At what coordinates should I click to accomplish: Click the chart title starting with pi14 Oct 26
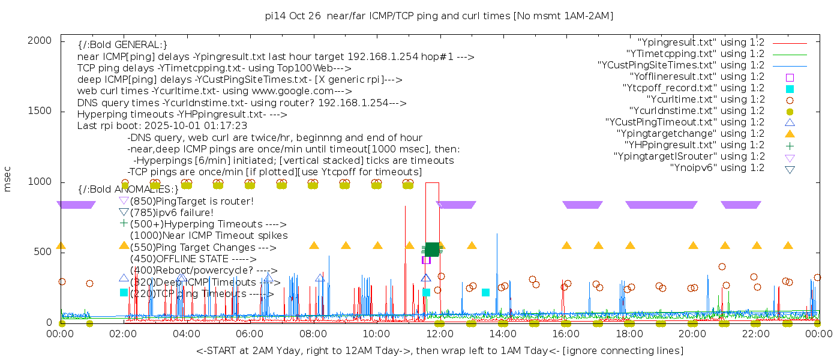[x=439, y=16]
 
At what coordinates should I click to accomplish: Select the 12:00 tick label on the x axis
[x=439, y=334]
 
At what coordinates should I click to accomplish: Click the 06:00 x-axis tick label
[x=250, y=334]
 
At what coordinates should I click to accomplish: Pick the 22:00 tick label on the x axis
[x=755, y=334]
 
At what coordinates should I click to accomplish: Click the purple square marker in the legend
[x=790, y=77]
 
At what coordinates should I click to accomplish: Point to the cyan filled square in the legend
[x=790, y=89]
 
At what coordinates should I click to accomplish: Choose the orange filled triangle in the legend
[x=790, y=134]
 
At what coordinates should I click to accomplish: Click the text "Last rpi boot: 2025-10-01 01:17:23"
[x=162, y=126]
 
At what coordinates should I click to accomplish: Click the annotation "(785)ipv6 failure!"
[x=172, y=212]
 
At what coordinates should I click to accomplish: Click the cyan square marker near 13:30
[x=485, y=292]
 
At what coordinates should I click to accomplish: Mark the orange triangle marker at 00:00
[x=61, y=245]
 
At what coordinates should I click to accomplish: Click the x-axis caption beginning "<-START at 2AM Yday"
[x=439, y=350]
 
